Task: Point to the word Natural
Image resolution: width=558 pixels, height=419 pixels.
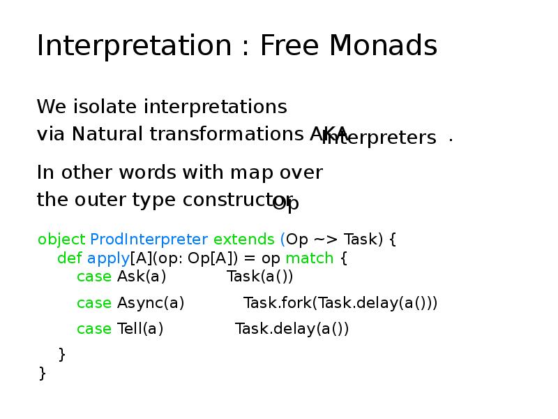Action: (x=107, y=133)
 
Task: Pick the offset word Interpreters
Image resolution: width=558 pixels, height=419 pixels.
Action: (x=380, y=138)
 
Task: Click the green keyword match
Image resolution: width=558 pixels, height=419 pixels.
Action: (x=310, y=258)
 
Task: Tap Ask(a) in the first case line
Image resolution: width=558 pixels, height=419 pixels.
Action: (x=142, y=277)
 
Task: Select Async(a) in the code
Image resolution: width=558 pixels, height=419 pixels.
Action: (x=151, y=303)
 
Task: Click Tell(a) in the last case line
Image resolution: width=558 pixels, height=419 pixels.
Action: (x=140, y=329)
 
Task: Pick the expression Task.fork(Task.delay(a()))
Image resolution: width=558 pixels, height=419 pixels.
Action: (x=340, y=303)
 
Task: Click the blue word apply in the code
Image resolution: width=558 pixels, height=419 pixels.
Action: (x=108, y=258)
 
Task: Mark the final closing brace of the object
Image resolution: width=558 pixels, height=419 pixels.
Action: (x=43, y=373)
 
